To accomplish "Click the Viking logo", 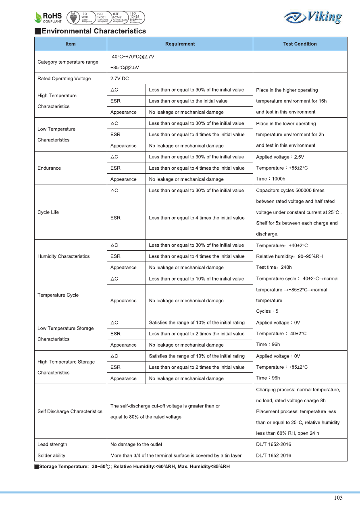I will pos(313,17).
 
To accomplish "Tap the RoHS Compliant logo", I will pos(48,17).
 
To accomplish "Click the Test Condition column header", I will pos(300,44).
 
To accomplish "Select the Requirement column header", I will pos(180,44).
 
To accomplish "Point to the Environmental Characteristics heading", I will pos(90,31).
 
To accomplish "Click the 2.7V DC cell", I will pos(120,79).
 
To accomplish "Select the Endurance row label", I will pos(50,168).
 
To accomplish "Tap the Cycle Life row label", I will pos(48,212).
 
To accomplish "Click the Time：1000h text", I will pos(271,179).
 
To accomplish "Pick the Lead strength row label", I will pos(52,445).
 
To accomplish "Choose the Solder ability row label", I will pos(51,456).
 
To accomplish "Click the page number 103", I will pos(338,498).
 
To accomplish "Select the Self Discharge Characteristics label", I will pos(70,411).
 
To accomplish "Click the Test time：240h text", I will pos(274,267).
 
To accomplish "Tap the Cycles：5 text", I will pos(267,311).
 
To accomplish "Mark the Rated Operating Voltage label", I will pos(64,79).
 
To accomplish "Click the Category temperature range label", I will pos(68,62).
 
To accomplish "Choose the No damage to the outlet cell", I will pos(136,445).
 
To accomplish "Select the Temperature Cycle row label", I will pos(58,295).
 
